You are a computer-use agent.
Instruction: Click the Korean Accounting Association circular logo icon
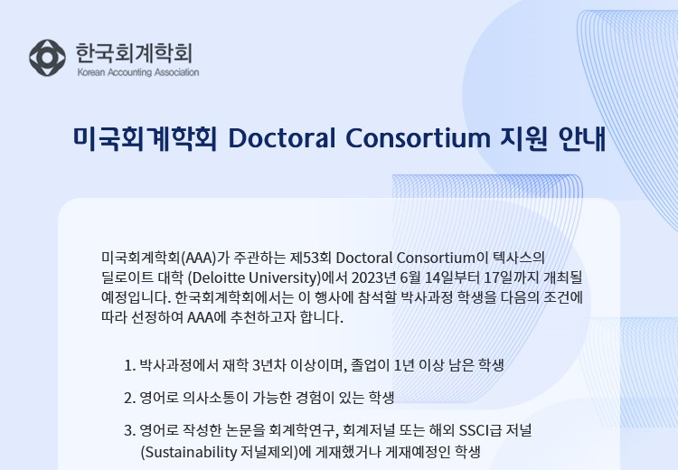click(x=47, y=58)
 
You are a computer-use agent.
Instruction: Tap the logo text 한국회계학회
click(x=134, y=52)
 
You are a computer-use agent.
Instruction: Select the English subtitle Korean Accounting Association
click(x=138, y=72)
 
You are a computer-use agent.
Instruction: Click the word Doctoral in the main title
click(x=282, y=138)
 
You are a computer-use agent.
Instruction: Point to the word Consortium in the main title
click(x=419, y=138)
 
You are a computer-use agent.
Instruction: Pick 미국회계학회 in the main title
click(x=145, y=138)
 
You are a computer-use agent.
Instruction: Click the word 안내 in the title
click(x=582, y=138)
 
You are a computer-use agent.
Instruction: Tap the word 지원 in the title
click(x=524, y=138)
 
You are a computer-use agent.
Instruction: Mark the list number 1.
click(x=129, y=366)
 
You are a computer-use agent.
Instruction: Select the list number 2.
click(x=129, y=398)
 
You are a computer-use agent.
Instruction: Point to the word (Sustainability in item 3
click(x=189, y=452)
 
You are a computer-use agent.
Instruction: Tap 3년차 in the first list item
click(x=268, y=365)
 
